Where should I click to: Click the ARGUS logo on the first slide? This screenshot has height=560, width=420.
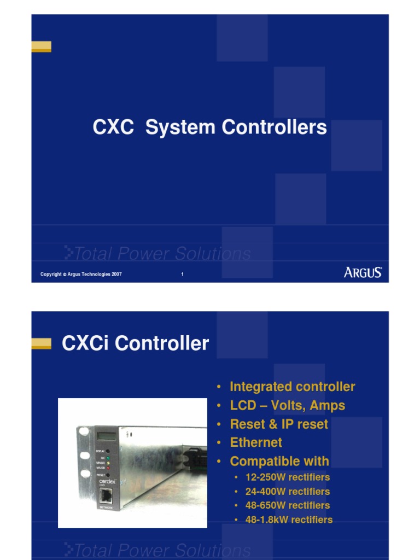(x=363, y=272)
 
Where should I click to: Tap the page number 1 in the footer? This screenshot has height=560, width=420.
(x=182, y=275)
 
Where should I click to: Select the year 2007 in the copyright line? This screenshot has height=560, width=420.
(x=116, y=275)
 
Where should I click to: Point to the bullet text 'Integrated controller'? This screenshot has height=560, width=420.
(x=292, y=387)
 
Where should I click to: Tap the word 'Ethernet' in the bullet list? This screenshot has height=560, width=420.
(x=256, y=442)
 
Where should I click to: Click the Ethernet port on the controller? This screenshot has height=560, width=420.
(x=106, y=497)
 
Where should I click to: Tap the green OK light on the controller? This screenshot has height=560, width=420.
(x=108, y=457)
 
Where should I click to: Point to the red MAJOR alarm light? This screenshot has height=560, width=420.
(x=108, y=468)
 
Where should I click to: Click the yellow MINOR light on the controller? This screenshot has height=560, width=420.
(x=108, y=463)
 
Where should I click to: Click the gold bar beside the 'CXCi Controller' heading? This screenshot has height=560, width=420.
(x=41, y=343)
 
